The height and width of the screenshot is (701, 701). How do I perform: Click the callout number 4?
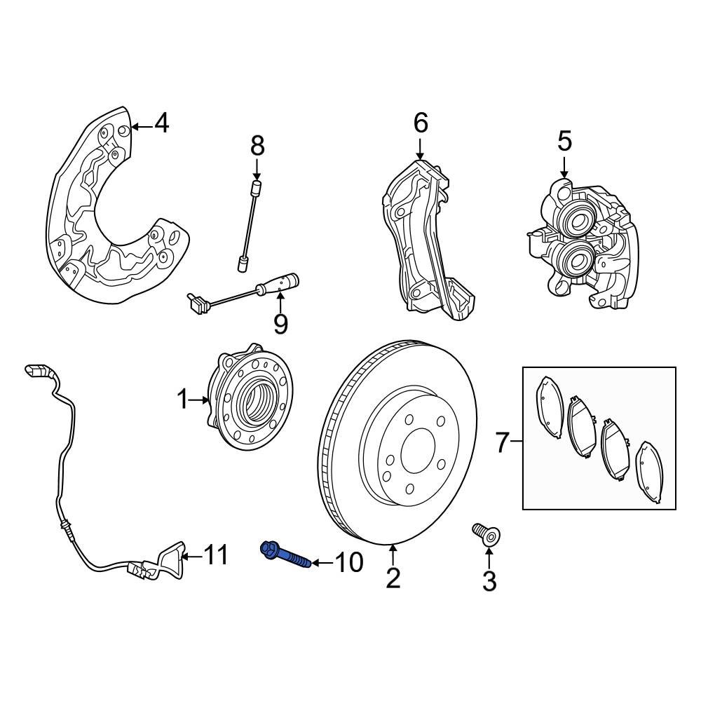point(161,124)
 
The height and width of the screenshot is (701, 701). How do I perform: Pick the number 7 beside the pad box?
point(502,442)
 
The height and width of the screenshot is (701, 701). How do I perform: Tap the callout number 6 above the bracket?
point(420,123)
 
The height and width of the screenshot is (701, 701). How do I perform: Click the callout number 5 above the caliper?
point(564,142)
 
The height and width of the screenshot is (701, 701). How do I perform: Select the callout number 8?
point(257,146)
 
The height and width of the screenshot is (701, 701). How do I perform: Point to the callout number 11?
point(216,556)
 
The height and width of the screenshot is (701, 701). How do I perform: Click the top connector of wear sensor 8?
point(257,186)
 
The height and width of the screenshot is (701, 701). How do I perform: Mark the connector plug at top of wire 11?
point(34,372)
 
